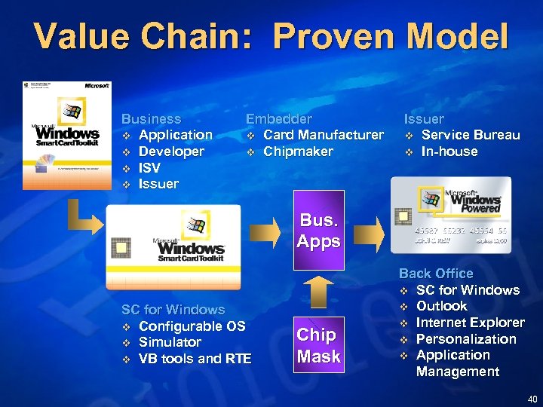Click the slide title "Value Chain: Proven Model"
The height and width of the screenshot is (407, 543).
[x=271, y=37]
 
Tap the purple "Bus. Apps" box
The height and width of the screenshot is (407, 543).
[x=318, y=231]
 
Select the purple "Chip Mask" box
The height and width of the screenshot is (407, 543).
[x=318, y=345]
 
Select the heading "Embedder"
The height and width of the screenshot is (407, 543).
[x=278, y=119]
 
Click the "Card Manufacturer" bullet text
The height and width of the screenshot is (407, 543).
[x=323, y=135]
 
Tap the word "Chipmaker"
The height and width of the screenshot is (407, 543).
[x=298, y=151]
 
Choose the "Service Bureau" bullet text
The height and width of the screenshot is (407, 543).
[x=470, y=135]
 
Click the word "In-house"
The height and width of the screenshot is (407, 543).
[x=449, y=151]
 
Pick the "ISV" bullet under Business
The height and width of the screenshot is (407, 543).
[x=150, y=168]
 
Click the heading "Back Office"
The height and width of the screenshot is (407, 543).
[x=435, y=274]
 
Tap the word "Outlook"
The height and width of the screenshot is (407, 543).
[x=441, y=306]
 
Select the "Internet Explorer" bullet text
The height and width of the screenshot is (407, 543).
[x=470, y=323]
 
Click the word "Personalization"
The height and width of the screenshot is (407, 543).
[x=466, y=339]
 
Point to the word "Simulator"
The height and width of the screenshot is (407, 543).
[x=170, y=342]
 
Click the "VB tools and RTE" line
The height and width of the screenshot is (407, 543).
[x=195, y=359]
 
